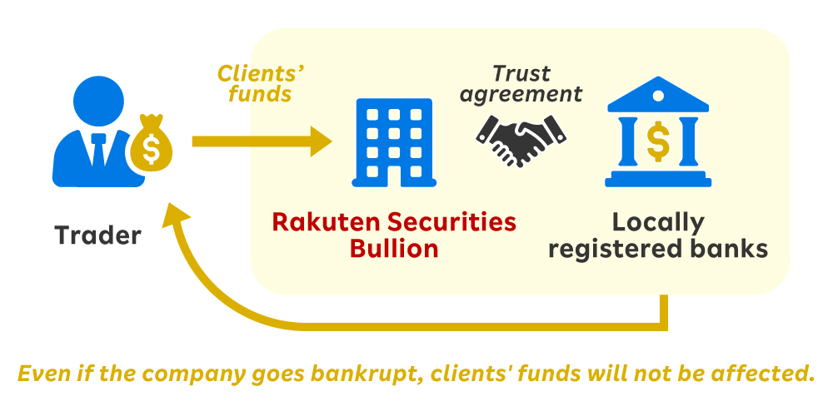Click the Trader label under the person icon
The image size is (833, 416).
(98, 235)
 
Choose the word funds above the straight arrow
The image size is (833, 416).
(261, 94)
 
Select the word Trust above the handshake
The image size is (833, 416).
(521, 73)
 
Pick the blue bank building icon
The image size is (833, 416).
(657, 135)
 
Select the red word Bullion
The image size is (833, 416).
(394, 249)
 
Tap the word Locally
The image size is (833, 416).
(658, 222)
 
